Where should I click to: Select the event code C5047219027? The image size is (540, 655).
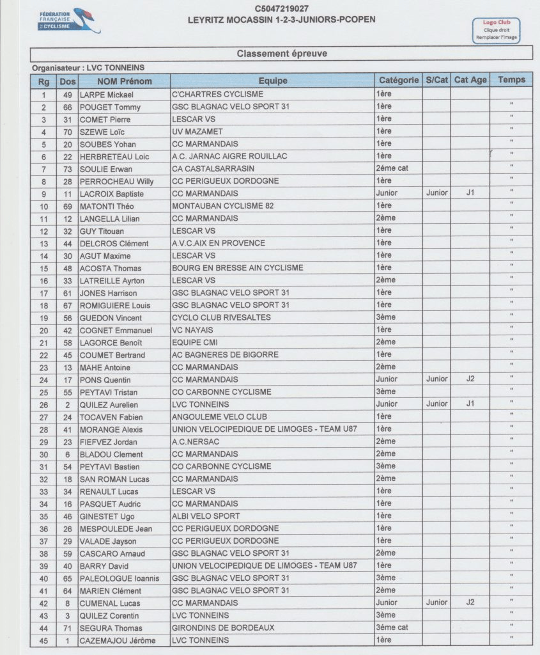tap(282, 8)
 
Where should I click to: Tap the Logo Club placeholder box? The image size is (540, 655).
tap(496, 30)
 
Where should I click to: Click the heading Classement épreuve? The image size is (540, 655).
tap(282, 54)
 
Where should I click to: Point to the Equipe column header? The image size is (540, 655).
tap(273, 81)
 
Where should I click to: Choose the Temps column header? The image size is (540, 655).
tap(511, 80)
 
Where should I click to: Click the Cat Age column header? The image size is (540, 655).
tap(470, 80)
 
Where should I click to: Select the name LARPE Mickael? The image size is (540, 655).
tap(105, 95)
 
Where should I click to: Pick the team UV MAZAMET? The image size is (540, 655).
tap(197, 132)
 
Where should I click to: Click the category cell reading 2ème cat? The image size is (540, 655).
tap(392, 169)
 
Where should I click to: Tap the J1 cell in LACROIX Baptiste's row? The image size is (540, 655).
tap(470, 193)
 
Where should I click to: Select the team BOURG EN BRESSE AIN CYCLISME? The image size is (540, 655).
tap(238, 267)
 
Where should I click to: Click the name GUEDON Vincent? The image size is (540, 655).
tap(111, 317)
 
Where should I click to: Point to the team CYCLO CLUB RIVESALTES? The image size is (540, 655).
tap(221, 317)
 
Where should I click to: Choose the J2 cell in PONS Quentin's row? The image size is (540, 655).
tap(470, 379)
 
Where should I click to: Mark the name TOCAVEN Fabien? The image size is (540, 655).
tap(111, 416)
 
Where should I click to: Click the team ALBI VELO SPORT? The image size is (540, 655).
tap(206, 516)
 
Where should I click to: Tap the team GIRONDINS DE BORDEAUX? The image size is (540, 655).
tap(223, 627)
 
